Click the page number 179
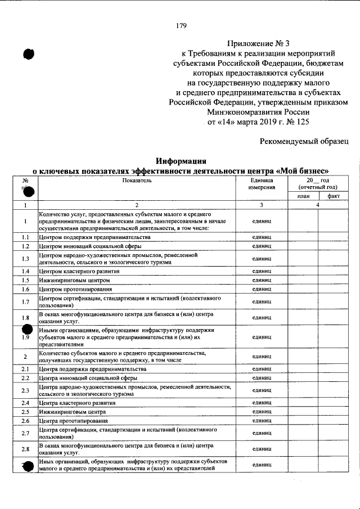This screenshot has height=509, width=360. pos(181,25)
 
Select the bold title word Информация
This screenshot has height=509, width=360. pos(180,160)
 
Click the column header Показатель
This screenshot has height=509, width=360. pos(136,181)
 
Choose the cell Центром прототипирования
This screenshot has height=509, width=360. pos(75,289)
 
